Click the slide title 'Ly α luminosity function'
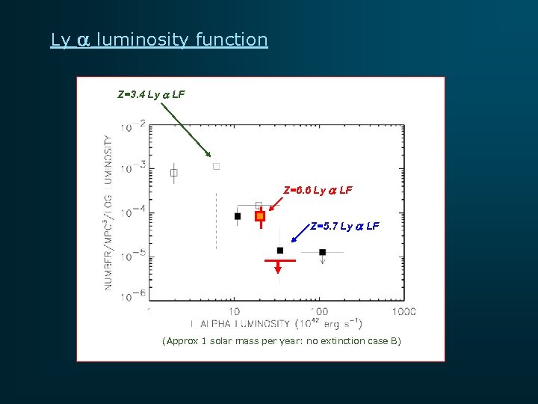(158, 40)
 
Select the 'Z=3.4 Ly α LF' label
(151, 95)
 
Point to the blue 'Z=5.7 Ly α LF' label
(344, 226)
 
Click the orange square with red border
(260, 216)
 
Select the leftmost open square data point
(173, 173)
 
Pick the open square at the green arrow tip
(216, 166)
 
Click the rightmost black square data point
(323, 252)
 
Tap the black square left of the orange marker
(238, 216)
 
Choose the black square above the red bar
(279, 250)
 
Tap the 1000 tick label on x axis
(403, 310)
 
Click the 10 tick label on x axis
(234, 310)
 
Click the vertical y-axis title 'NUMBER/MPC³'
(109, 213)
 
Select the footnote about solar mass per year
(281, 341)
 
